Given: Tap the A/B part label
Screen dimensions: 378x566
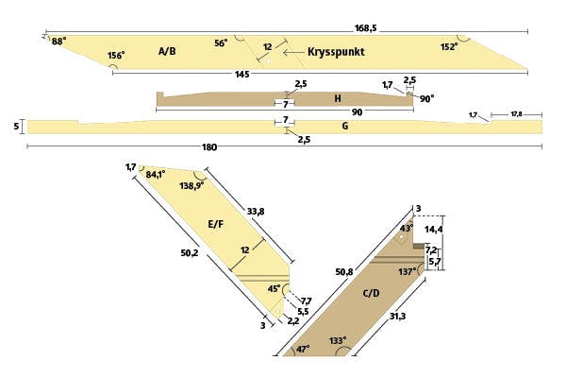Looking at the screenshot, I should pyautogui.click(x=167, y=51).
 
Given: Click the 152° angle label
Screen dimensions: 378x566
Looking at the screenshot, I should pyautogui.click(x=449, y=46).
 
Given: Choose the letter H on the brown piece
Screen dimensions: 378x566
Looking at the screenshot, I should pyautogui.click(x=337, y=98).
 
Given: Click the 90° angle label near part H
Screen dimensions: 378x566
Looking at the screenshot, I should pyautogui.click(x=426, y=98).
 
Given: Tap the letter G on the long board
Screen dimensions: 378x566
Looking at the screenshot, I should pyautogui.click(x=345, y=126).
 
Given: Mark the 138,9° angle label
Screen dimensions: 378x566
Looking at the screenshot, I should pyautogui.click(x=192, y=187).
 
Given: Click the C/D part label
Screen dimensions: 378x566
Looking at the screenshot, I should pyautogui.click(x=373, y=293).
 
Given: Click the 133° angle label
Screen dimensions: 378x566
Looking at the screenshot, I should pyautogui.click(x=337, y=340).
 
